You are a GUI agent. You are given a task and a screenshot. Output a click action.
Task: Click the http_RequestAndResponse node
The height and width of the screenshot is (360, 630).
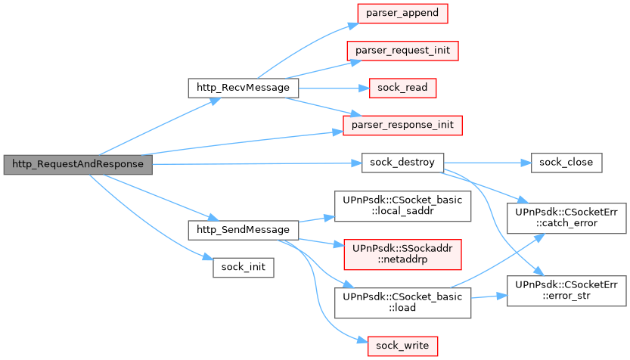pyautogui.click(x=77, y=164)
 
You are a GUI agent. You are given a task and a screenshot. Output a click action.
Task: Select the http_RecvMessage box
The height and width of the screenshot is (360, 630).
pyautogui.click(x=243, y=88)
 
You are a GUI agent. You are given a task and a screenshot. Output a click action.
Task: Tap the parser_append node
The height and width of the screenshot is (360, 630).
pyautogui.click(x=402, y=13)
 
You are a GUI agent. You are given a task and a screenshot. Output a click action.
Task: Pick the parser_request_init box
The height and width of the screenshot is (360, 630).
pyautogui.click(x=402, y=50)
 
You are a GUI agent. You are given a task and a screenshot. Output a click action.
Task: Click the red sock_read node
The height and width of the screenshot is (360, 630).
pyautogui.click(x=402, y=88)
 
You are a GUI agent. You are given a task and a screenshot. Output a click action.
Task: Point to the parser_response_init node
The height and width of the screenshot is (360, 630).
pyautogui.click(x=402, y=125)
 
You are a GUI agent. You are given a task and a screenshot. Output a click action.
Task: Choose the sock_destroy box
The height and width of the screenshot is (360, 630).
pyautogui.click(x=402, y=163)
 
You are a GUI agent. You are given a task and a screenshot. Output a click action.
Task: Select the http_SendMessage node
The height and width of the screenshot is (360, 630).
pyautogui.click(x=243, y=229)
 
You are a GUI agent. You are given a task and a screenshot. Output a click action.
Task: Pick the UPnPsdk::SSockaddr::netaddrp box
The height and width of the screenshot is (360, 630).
pyautogui.click(x=402, y=252)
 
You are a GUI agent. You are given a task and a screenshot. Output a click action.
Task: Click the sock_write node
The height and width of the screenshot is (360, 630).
pyautogui.click(x=402, y=346)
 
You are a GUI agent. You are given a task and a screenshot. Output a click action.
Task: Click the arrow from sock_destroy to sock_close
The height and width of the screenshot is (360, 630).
pyautogui.click(x=484, y=163)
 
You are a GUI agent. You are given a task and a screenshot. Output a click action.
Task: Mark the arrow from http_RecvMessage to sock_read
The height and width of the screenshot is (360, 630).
pyautogui.click(x=333, y=88)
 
